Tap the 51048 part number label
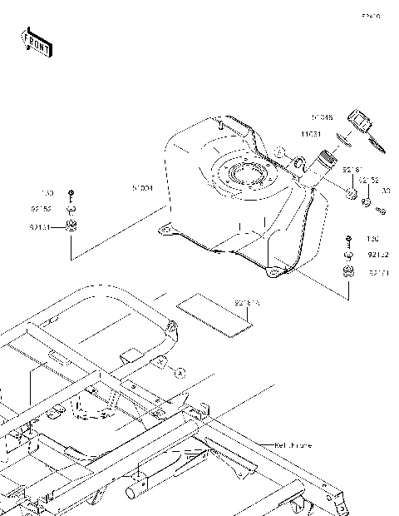tap(322, 117)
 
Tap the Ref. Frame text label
tap(293, 445)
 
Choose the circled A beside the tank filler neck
tap(282, 152)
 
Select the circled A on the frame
tap(178, 374)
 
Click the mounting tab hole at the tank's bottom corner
tap(271, 271)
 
